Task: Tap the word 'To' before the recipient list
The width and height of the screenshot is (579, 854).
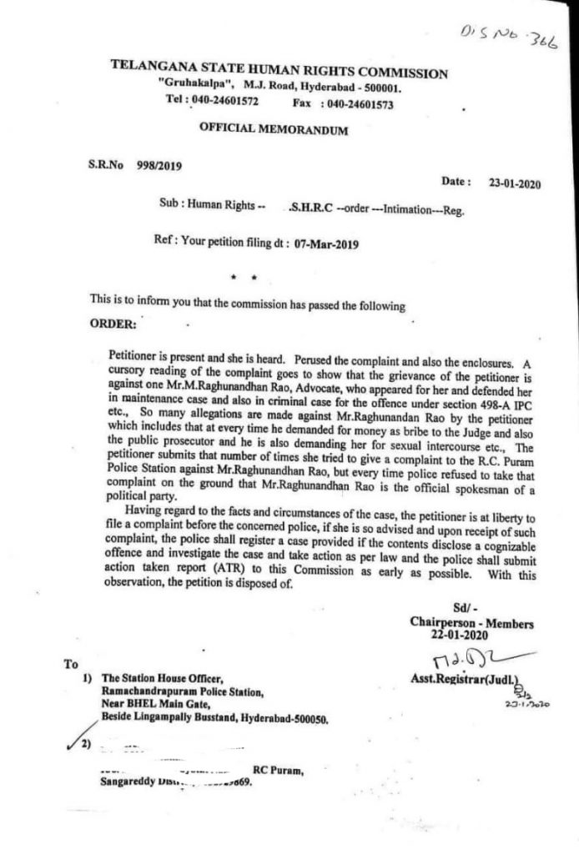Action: coord(69,665)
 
